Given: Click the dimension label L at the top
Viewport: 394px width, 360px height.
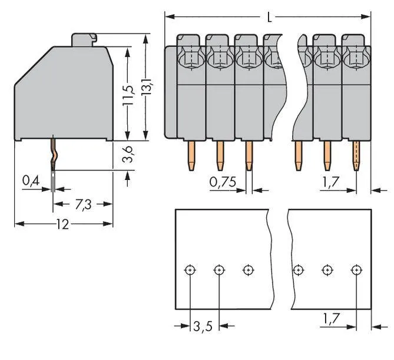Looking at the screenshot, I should point(269,16).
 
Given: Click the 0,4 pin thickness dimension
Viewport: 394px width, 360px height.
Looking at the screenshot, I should point(31,181).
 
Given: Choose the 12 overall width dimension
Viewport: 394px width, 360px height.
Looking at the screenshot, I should point(62,224).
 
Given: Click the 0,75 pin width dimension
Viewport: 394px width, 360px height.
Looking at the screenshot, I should point(223,182).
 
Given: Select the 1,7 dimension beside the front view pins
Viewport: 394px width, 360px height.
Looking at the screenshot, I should point(330,182).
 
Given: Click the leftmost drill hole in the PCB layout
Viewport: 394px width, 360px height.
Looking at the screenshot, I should point(190,270).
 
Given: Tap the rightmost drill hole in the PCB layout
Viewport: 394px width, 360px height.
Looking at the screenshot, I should point(356,270).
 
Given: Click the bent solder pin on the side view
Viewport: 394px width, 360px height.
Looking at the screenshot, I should point(53,154).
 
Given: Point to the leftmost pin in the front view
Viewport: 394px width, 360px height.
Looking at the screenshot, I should point(191,155).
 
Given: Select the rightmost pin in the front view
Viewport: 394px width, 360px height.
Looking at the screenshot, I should point(356,155).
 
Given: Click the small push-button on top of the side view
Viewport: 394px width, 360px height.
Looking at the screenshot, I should point(84,39).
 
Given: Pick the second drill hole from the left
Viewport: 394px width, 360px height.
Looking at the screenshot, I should point(219,270).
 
